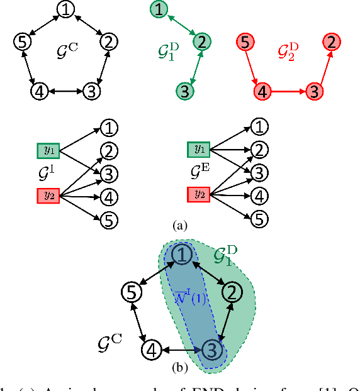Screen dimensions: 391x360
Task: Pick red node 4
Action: coord(262,91)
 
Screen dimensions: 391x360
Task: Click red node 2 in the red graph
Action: coord(329,42)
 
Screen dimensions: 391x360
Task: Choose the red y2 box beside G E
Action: coord(199,193)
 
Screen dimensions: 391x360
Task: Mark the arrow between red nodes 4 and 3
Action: coord(287,91)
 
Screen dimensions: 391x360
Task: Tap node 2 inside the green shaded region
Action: coord(232,292)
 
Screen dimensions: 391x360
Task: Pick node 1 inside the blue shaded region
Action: coord(181,255)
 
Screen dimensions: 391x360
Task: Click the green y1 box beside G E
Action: coord(199,150)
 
